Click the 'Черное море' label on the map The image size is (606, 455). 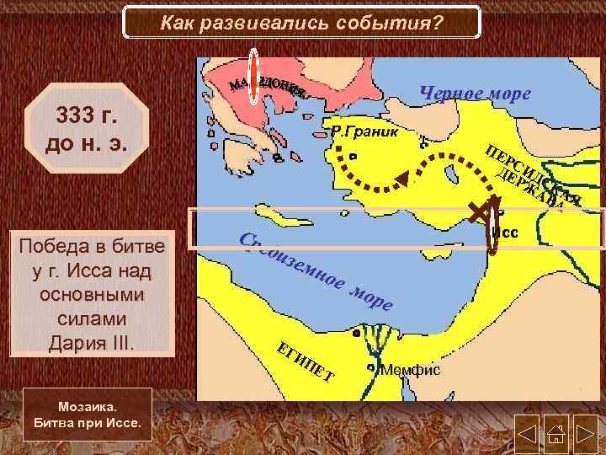click(475, 94)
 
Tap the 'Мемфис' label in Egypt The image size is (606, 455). click(410, 369)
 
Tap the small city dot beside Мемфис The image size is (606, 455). click(371, 368)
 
